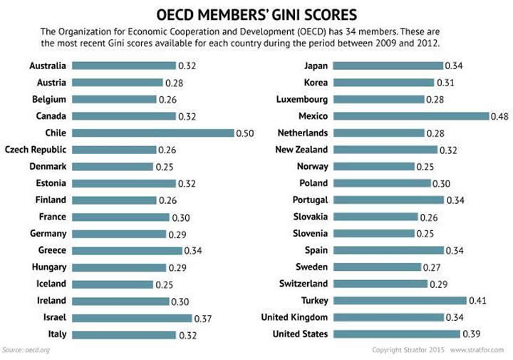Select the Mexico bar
point(410,116)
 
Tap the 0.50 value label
point(245,133)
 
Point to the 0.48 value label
point(499,116)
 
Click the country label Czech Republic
point(36,150)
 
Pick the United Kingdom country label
point(295,317)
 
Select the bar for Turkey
point(399,301)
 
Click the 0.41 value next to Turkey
point(477,301)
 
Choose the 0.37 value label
point(203,318)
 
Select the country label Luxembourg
point(302,99)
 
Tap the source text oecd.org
point(38,350)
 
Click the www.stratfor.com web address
point(477,350)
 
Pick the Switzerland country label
point(302,284)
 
